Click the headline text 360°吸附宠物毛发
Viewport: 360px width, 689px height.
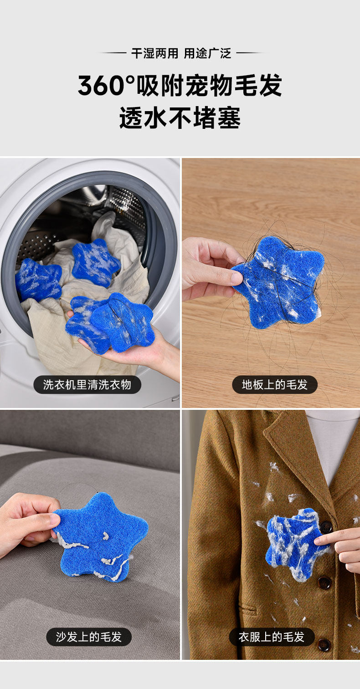tap(180, 85)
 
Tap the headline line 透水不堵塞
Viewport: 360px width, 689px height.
tap(180, 118)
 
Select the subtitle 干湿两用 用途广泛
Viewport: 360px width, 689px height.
tap(181, 54)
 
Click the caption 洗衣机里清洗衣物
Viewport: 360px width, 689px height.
tap(87, 384)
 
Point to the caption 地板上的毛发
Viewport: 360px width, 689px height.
tap(274, 384)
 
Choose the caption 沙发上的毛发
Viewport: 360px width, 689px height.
tap(89, 637)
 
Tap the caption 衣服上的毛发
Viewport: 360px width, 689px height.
tap(272, 637)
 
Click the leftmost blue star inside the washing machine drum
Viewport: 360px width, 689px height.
tap(38, 280)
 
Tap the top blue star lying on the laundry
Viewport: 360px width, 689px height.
tap(96, 263)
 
